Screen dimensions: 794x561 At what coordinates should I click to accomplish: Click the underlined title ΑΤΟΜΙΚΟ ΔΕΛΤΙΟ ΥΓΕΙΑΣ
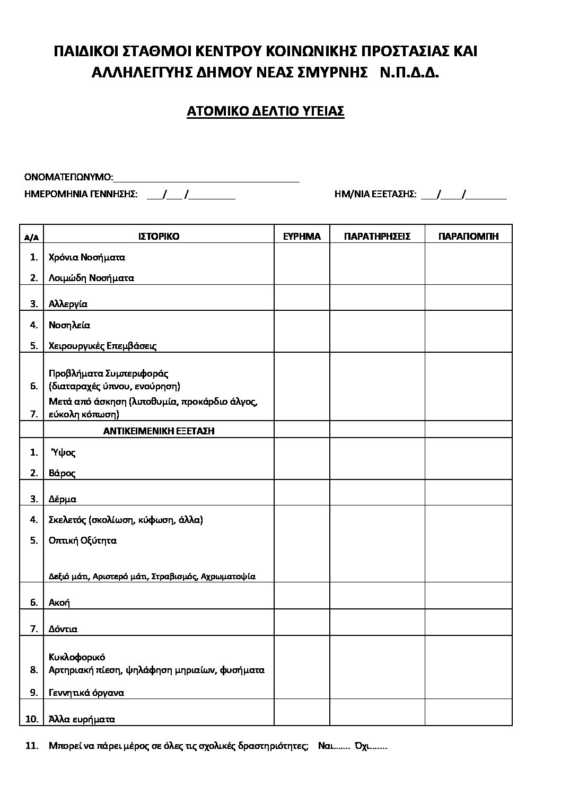tap(266, 111)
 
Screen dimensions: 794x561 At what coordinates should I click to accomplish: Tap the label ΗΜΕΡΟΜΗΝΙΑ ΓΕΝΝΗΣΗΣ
tap(81, 195)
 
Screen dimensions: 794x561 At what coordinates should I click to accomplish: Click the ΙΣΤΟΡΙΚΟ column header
tap(159, 237)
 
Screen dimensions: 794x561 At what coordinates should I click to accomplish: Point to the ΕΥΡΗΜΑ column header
tap(302, 237)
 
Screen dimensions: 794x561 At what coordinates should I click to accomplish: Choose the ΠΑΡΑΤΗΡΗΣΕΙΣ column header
tap(377, 237)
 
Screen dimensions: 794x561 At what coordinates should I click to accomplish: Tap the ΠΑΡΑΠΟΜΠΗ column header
tap(468, 237)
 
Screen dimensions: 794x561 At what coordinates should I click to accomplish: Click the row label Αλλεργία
tap(68, 304)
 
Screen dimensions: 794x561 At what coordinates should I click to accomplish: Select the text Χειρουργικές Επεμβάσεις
tap(102, 346)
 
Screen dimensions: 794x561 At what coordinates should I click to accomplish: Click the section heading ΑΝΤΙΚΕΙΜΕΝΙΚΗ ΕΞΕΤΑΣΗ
tap(159, 431)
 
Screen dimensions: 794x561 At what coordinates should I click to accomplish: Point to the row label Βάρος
tap(62, 473)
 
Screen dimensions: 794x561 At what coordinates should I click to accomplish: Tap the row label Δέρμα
tap(63, 499)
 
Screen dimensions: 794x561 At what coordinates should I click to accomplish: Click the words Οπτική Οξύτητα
tap(82, 540)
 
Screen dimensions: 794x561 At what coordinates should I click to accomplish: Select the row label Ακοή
tap(59, 603)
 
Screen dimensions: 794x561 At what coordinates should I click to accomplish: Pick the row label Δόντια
tap(63, 629)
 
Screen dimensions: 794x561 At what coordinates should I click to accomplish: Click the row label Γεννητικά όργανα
tap(86, 693)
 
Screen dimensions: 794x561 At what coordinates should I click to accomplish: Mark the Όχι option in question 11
tap(371, 746)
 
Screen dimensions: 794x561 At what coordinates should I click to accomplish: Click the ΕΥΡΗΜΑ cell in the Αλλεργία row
tap(302, 298)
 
